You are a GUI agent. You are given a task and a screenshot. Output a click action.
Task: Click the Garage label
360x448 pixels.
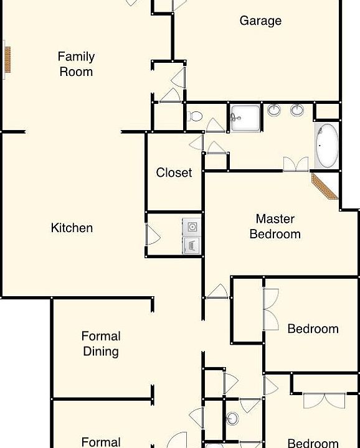[260, 21]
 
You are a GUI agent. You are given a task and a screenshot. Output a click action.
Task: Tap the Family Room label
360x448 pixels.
[76, 64]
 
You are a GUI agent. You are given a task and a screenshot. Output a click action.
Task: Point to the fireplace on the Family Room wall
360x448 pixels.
[8, 60]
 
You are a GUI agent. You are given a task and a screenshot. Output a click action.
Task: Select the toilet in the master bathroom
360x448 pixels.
[196, 116]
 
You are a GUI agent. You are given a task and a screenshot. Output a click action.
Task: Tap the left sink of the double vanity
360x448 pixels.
[274, 111]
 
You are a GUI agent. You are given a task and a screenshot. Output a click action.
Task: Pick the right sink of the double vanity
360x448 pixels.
[297, 111]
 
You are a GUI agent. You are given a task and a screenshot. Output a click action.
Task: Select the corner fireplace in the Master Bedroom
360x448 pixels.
[324, 186]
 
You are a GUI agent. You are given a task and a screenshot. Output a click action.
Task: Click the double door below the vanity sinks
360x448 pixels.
[295, 164]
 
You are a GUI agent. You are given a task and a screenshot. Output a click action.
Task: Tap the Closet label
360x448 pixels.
[174, 172]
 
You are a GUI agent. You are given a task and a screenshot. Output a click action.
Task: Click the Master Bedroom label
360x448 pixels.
[275, 226]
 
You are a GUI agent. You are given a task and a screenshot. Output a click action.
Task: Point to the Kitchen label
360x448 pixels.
[72, 228]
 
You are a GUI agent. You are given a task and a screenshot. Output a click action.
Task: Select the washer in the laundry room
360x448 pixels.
[191, 226]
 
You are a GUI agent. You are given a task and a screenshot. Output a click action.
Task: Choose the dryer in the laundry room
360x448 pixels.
[191, 245]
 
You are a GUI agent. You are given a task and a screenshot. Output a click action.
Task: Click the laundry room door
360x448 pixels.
[151, 235]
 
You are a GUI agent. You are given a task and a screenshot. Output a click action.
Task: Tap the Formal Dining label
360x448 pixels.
[100, 343]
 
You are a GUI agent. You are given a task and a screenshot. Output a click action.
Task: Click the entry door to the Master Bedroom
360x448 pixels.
[217, 291]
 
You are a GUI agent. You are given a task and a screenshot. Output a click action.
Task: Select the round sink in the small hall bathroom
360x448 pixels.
[232, 418]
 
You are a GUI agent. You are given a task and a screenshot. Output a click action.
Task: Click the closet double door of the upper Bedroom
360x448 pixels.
[272, 309]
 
